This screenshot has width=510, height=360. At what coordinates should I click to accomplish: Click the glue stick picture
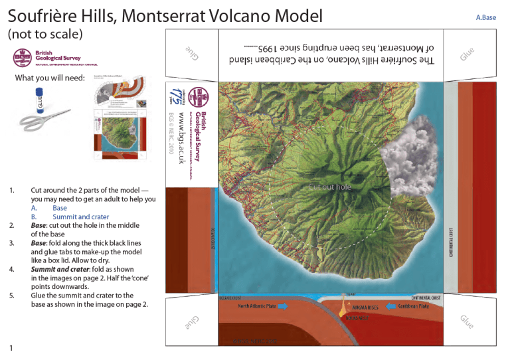coord(39,102)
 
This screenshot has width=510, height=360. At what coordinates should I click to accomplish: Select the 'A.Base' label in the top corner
coord(485,17)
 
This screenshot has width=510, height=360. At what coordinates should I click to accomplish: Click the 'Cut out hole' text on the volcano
coord(329,187)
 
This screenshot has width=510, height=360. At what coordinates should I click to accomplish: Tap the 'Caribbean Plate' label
coord(418,307)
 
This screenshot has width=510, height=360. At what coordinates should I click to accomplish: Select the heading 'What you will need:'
coord(50,78)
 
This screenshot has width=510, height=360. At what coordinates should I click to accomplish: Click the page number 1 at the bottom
coord(11,348)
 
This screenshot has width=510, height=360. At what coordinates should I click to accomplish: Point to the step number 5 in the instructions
coord(12,296)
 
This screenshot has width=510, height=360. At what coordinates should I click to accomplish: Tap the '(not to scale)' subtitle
coord(44,34)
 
